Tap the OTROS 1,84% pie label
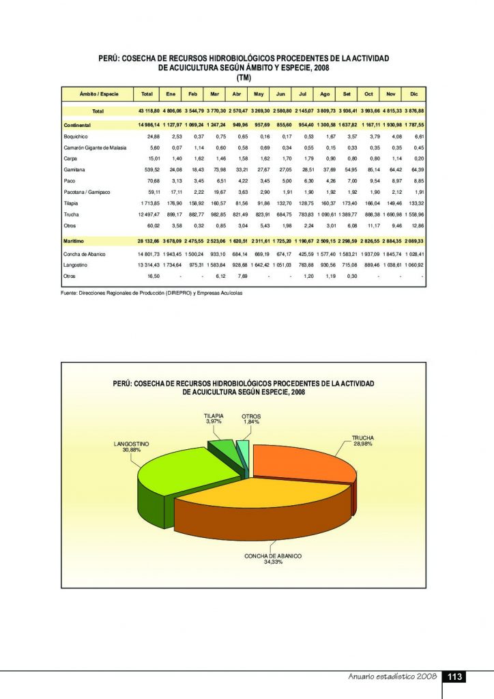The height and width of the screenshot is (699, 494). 251,419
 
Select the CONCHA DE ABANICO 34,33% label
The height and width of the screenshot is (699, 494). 273,560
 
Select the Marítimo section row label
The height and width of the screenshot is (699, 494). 76,241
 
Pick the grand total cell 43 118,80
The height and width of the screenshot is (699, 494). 147,111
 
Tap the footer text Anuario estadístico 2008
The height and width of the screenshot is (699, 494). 388,677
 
